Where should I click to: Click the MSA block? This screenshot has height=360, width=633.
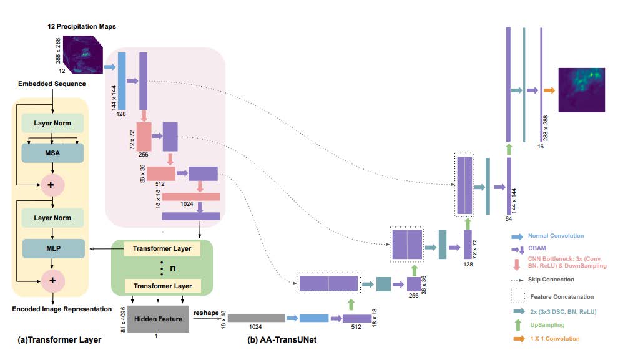(52, 153)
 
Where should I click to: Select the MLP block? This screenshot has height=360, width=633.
(52, 248)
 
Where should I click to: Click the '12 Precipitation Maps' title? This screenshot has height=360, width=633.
(82, 26)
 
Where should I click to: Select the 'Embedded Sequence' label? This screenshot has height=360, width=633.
(52, 84)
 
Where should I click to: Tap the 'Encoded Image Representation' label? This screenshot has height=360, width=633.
(52, 309)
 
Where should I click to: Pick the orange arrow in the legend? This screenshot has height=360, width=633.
(517, 339)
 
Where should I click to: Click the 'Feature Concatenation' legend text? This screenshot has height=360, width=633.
(561, 296)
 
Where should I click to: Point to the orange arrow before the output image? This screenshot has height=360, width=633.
(549, 91)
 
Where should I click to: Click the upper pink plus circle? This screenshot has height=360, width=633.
(52, 185)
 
